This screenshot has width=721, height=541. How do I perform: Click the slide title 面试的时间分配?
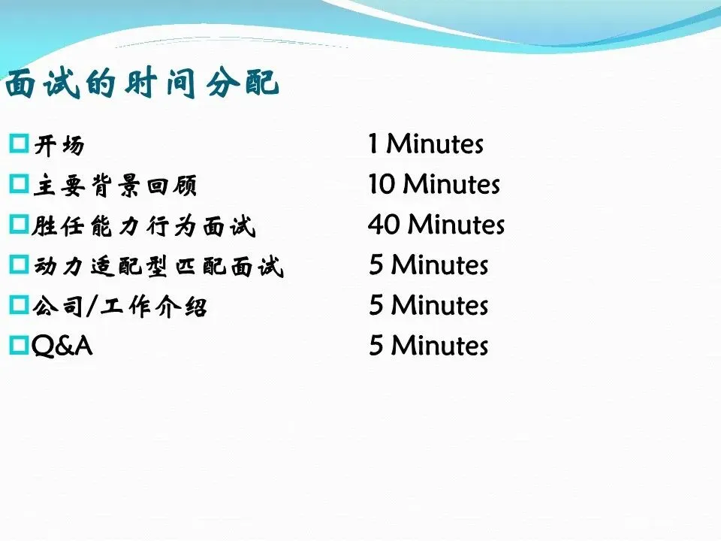point(142,83)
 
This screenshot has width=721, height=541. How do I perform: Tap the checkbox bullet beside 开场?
point(19,144)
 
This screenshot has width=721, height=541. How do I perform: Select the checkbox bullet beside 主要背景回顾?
point(19,183)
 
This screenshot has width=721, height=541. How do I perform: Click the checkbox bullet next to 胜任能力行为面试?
point(19,224)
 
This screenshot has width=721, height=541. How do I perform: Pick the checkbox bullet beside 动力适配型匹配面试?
point(19,264)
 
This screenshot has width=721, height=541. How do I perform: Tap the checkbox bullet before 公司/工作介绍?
point(19,304)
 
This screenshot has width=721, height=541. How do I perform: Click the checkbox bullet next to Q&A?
point(19,345)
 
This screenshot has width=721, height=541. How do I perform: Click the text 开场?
point(59,145)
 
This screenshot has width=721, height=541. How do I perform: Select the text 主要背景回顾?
point(115,186)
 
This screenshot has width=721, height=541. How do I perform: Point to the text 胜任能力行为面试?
point(143,226)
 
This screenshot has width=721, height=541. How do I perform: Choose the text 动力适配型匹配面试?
point(158,266)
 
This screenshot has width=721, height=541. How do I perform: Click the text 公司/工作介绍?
point(120,307)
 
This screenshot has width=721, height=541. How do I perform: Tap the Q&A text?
point(62,346)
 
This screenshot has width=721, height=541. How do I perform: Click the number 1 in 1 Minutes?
point(373,144)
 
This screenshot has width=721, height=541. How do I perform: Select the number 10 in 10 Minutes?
point(382,184)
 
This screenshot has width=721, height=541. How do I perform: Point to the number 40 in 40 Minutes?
point(384,225)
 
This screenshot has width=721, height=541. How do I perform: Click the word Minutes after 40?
point(457,225)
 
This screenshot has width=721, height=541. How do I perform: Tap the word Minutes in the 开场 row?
point(435,144)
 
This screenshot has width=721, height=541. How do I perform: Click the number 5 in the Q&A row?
point(376,346)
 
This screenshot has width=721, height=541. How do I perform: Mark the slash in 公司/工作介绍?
point(92,307)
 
